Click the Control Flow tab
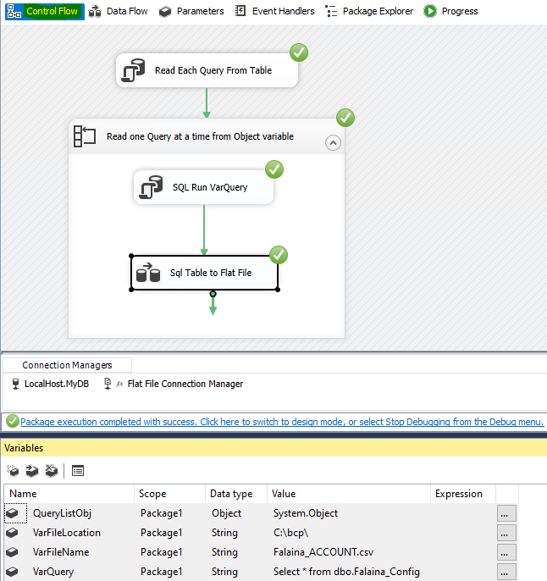pyautogui.click(x=44, y=11)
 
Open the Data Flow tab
pyautogui.click(x=119, y=11)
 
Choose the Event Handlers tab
pyautogui.click(x=275, y=11)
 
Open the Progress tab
pyautogui.click(x=451, y=11)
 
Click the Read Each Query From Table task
pyautogui.click(x=207, y=71)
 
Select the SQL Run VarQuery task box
pyautogui.click(x=204, y=187)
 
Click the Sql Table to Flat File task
pyautogui.click(x=205, y=273)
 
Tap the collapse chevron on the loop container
pyautogui.click(x=333, y=143)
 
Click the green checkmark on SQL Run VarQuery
pyautogui.click(x=274, y=169)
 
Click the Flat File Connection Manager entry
pyautogui.click(x=185, y=384)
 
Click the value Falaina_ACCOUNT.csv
pyautogui.click(x=323, y=552)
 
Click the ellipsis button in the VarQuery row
pyautogui.click(x=506, y=572)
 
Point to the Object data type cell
pyautogui.click(x=226, y=513)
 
